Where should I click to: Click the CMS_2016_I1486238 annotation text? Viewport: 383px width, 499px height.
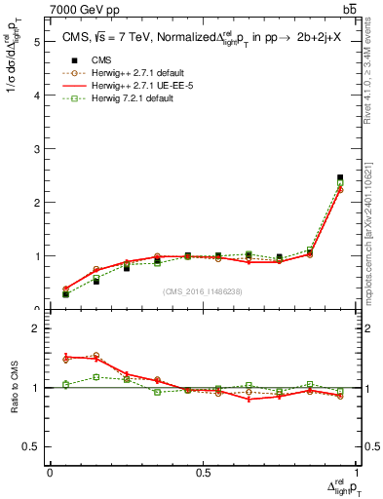(x=203, y=291)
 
